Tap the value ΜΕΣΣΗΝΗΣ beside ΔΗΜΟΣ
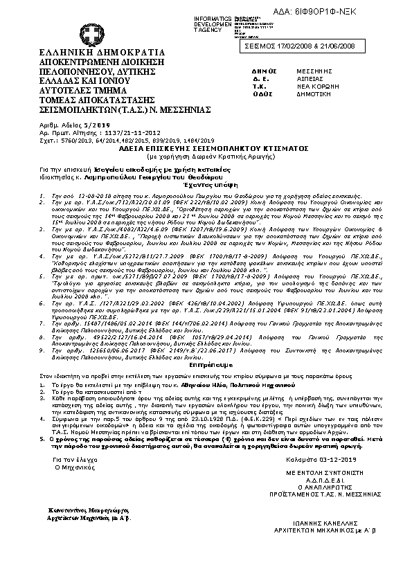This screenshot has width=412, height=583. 313,71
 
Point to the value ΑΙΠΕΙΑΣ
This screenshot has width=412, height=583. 310,80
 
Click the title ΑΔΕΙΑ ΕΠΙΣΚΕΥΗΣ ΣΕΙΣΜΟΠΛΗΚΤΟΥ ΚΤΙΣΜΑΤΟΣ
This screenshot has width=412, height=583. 203,148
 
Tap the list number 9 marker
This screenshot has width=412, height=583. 43,350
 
